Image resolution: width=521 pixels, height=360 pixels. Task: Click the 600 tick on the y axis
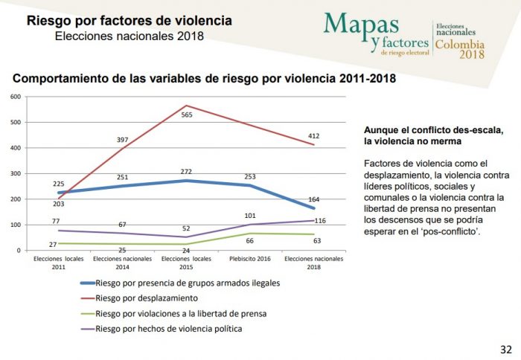14,97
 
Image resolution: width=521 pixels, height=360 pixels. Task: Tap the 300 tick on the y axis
14,173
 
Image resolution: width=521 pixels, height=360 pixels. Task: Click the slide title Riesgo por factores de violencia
129,20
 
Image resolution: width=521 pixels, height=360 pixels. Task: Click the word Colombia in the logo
460,45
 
